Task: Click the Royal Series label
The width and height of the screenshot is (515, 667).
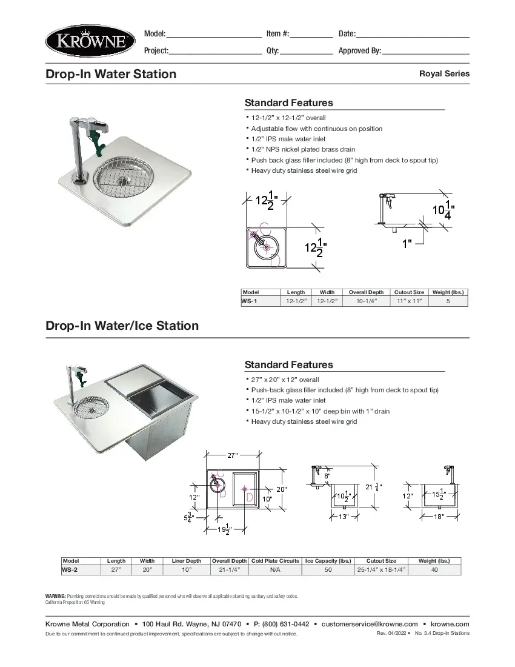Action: (x=444, y=73)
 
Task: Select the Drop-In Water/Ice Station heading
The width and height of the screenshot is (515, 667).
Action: (x=122, y=326)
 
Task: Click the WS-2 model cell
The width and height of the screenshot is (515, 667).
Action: (x=70, y=570)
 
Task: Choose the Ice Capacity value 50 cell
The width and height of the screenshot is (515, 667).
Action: (x=328, y=570)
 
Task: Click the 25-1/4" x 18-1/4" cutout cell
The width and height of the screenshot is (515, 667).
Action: (x=381, y=570)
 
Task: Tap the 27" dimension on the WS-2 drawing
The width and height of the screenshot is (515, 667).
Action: (x=232, y=455)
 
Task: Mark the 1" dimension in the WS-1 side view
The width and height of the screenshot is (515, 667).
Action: (x=407, y=244)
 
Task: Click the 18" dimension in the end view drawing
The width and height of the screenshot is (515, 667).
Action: (x=439, y=516)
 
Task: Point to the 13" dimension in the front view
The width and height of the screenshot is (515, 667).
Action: (x=344, y=517)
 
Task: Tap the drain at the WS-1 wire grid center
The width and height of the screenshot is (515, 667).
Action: (x=125, y=179)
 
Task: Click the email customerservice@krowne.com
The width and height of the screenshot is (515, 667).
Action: (x=370, y=624)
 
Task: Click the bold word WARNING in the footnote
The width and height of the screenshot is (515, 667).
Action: (x=56, y=597)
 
